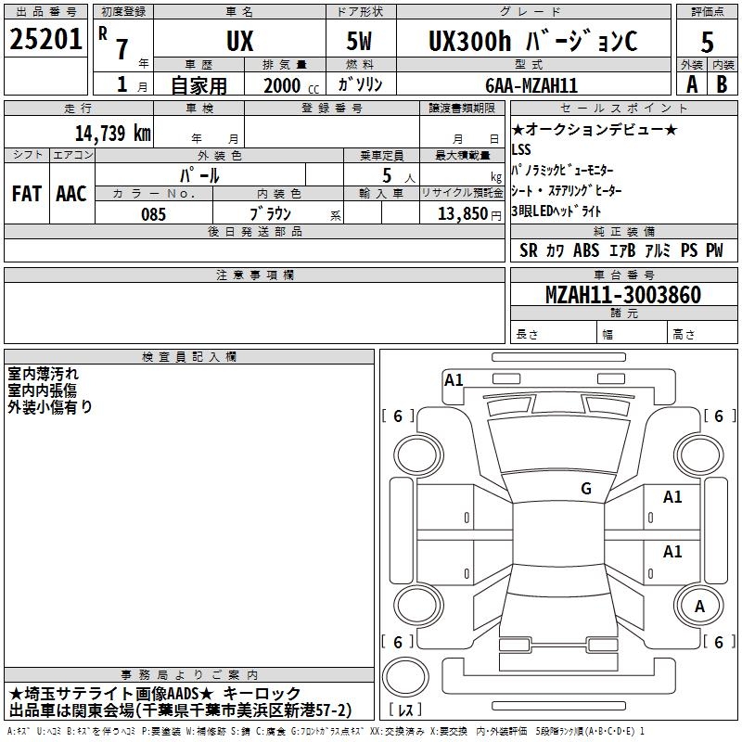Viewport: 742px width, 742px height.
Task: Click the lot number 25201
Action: coord(45,39)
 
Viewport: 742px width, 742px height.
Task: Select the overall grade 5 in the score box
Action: coord(707,42)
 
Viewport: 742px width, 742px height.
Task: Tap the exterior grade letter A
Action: coord(692,84)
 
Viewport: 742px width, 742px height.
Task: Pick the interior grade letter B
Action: coord(722,84)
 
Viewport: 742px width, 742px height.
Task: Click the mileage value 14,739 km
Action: coord(112,133)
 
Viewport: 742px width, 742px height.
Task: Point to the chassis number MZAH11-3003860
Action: coord(623,294)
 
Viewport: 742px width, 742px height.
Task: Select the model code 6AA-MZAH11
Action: coord(531,85)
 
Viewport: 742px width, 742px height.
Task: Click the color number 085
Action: coord(153,214)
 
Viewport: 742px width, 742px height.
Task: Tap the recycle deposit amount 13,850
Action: coord(462,213)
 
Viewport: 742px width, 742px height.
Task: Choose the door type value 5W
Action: coord(359,41)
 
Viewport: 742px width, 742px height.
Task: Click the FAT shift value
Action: coord(27,194)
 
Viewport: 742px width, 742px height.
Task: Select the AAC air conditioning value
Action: coord(71,194)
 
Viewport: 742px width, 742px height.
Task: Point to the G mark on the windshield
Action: coord(586,488)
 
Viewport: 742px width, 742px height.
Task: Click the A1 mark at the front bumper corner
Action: coord(454,379)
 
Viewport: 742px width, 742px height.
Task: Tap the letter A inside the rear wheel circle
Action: coord(699,607)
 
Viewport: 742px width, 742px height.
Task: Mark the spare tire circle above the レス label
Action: coord(405,677)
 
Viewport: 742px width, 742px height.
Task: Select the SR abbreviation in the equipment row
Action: coord(528,250)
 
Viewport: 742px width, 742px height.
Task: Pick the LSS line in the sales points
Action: coord(521,149)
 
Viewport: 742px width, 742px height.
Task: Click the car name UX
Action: coord(240,41)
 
